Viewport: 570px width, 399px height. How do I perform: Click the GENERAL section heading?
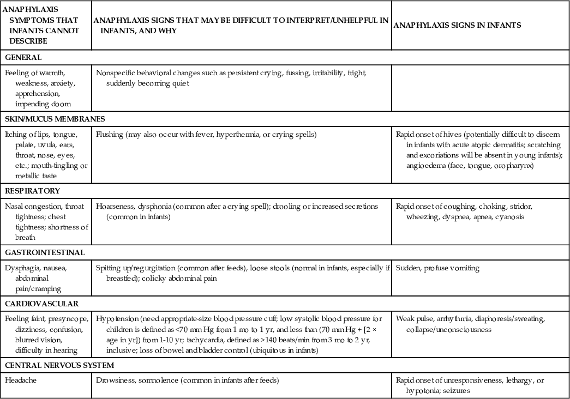pyautogui.click(x=23, y=57)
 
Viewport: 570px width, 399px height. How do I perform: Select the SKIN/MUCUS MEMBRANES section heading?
pyautogui.click(x=55, y=119)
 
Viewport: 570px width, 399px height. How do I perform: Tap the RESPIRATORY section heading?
pyautogui.click(x=32, y=191)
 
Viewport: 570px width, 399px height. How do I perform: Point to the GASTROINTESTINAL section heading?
pyautogui.click(x=45, y=252)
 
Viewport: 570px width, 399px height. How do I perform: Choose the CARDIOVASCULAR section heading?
pyautogui.click(x=41, y=304)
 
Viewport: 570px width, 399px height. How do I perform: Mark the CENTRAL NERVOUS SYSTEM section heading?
pyautogui.click(x=59, y=365)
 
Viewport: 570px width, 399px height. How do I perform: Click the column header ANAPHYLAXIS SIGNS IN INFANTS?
pyautogui.click(x=457, y=25)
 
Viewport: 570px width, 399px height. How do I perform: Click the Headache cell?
pyautogui.click(x=21, y=380)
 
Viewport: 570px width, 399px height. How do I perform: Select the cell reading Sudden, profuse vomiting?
pyautogui.click(x=438, y=268)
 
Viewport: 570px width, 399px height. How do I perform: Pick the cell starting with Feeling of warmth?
pyautogui.click(x=43, y=88)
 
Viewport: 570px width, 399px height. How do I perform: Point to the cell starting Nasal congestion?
pyautogui.click(x=46, y=222)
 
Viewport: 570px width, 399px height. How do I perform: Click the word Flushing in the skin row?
pyautogui.click(x=110, y=134)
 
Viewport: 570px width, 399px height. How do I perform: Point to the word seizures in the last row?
pyautogui.click(x=455, y=391)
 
